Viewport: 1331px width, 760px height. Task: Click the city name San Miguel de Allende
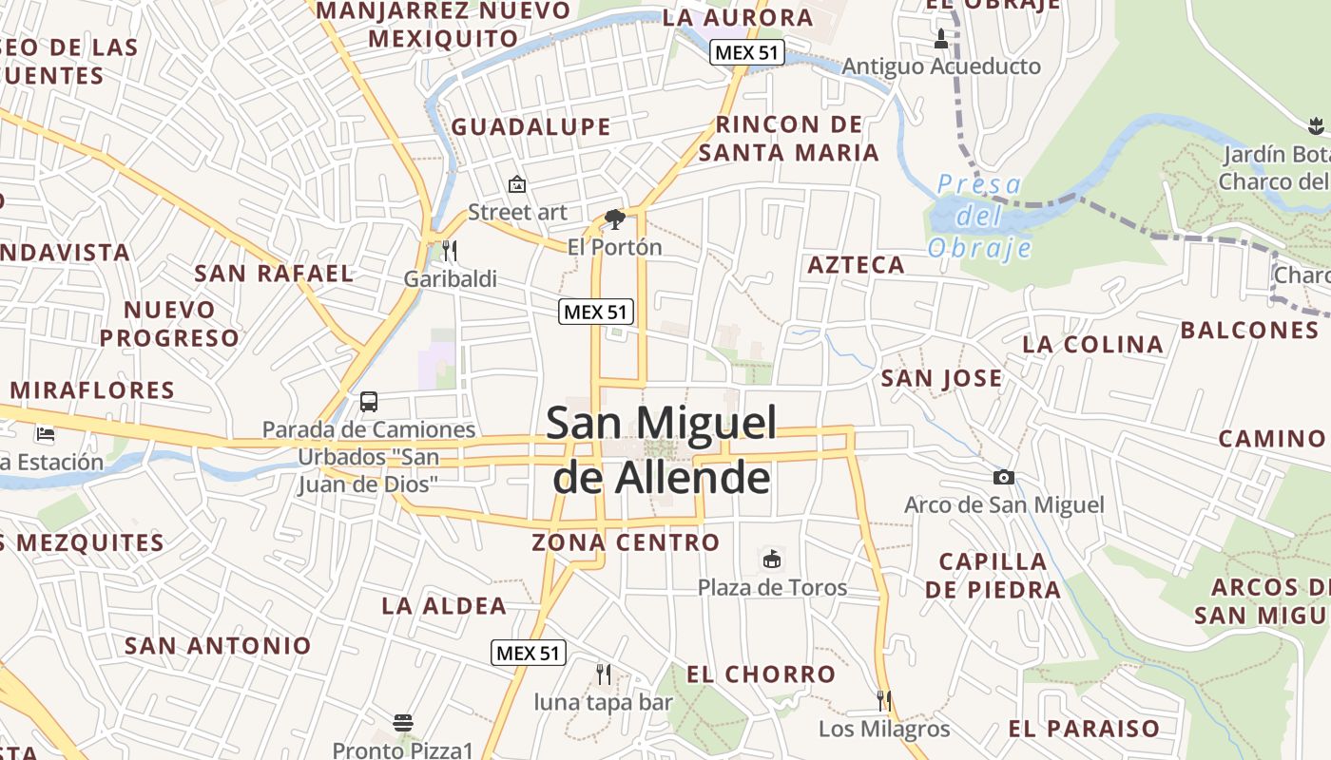point(662,450)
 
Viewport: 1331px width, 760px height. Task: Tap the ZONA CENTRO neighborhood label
point(626,542)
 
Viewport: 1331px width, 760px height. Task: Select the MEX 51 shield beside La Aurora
point(747,53)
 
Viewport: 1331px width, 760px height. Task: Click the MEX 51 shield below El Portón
point(596,311)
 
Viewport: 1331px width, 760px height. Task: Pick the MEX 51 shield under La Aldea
point(529,653)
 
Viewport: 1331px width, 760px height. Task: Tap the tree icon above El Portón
point(614,219)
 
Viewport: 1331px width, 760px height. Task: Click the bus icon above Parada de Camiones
point(369,402)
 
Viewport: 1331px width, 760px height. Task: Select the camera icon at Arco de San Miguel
point(1003,477)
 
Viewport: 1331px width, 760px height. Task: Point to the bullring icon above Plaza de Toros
point(772,560)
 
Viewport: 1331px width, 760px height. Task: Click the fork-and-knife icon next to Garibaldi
point(450,251)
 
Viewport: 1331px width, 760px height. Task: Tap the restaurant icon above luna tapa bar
point(603,674)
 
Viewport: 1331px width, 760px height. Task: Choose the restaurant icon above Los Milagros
point(884,701)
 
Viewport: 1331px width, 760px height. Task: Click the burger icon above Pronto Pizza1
point(403,723)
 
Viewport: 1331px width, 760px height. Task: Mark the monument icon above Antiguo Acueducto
point(941,39)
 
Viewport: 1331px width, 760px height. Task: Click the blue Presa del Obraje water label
point(979,216)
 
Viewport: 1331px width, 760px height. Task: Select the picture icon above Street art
point(517,184)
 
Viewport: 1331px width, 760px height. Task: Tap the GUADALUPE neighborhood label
point(530,126)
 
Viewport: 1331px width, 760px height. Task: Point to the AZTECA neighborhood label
point(856,265)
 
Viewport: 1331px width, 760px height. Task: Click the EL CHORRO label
point(761,674)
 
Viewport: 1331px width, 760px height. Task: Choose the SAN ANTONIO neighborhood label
point(218,646)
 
